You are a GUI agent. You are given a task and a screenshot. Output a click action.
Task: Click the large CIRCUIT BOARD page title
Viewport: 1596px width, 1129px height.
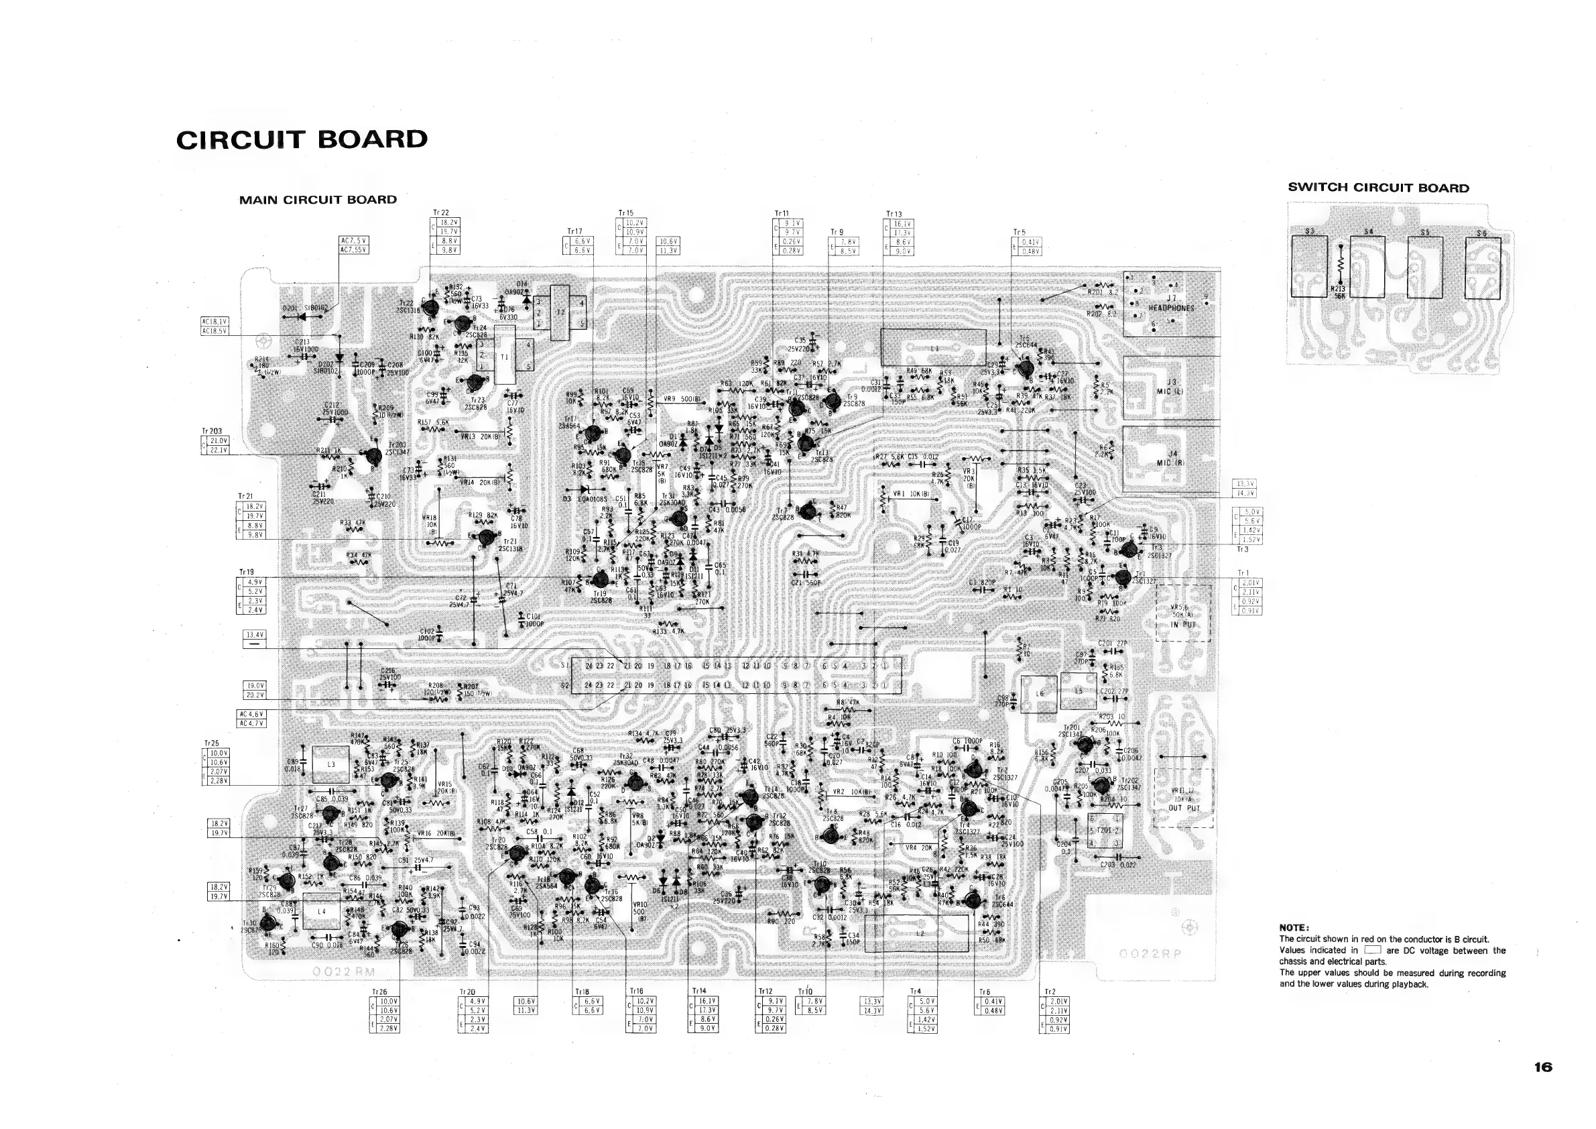click(302, 139)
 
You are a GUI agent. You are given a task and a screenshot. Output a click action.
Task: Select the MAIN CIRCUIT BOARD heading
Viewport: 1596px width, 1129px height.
click(318, 200)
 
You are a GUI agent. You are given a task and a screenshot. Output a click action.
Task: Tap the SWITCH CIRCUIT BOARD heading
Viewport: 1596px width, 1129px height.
click(1378, 188)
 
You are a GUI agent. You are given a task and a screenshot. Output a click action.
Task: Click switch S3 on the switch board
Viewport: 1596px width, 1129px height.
click(1309, 266)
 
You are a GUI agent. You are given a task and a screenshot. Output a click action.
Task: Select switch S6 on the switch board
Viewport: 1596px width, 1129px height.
click(1483, 268)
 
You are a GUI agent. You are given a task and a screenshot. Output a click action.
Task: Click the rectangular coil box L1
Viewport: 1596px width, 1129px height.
click(933, 347)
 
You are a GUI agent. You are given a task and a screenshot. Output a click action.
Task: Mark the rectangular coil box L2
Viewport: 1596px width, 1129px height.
click(920, 933)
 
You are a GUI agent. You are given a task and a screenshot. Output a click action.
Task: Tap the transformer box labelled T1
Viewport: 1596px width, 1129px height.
click(505, 356)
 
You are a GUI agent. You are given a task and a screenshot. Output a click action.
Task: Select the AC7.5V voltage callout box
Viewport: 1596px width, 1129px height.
click(353, 245)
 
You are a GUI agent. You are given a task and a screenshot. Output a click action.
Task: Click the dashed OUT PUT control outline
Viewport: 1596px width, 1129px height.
click(1184, 797)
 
